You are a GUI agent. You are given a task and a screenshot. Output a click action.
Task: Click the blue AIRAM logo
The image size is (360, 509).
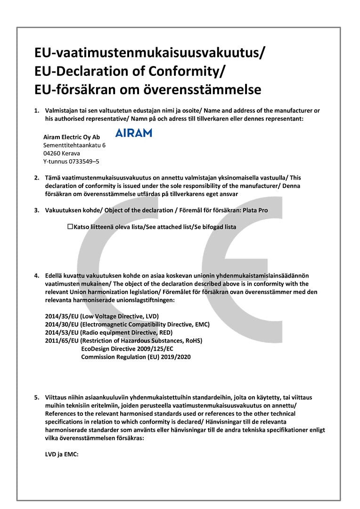pyautogui.click(x=134, y=132)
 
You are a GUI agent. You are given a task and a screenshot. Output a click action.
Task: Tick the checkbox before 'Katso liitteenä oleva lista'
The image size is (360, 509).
pyautogui.click(x=70, y=227)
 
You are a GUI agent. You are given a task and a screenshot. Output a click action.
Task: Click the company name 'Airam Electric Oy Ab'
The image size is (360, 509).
pyautogui.click(x=72, y=137)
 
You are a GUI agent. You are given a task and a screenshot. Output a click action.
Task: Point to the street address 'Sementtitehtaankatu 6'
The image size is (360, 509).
pyautogui.click(x=74, y=145)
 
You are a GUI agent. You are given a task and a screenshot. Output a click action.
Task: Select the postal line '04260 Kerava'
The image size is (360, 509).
pyautogui.click(x=62, y=153)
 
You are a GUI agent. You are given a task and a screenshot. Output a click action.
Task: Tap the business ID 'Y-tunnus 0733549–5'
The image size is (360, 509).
pyautogui.click(x=71, y=161)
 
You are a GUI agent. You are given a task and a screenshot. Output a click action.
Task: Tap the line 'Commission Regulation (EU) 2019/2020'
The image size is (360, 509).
pyautogui.click(x=136, y=357)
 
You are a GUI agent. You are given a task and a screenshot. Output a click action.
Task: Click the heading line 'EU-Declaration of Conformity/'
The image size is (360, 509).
pyautogui.click(x=130, y=71)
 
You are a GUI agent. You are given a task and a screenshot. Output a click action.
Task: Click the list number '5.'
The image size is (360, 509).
pyautogui.click(x=37, y=397)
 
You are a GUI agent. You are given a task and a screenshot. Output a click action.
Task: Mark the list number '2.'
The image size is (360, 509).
pyautogui.click(x=37, y=178)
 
